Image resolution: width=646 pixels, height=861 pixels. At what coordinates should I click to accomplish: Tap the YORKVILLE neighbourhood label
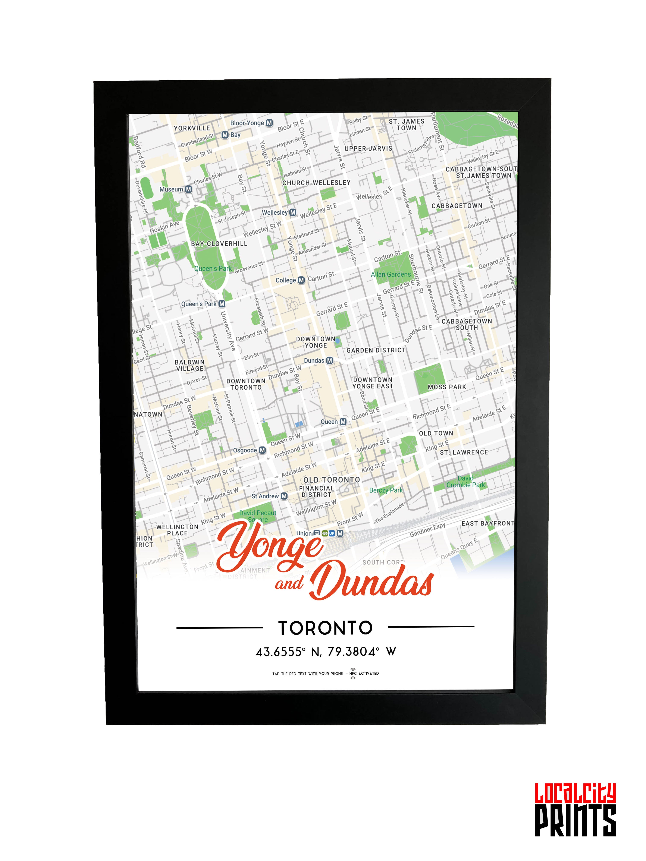click(x=192, y=128)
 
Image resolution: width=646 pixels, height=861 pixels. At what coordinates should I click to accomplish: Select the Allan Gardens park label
click(x=391, y=274)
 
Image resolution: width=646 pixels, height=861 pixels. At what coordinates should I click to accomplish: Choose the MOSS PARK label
click(x=447, y=387)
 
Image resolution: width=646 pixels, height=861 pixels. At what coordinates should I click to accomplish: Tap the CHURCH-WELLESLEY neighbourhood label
click(x=316, y=183)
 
